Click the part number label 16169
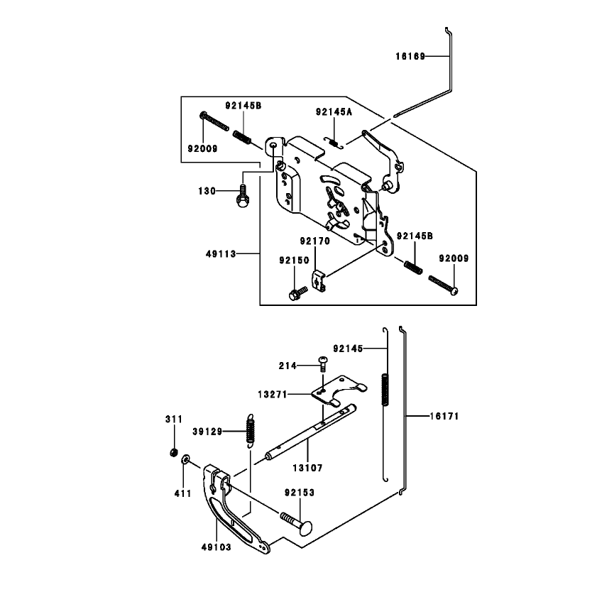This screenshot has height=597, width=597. tap(410, 57)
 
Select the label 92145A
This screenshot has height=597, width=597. tap(334, 112)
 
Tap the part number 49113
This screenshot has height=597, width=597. tap(221, 254)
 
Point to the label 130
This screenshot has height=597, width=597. tap(207, 191)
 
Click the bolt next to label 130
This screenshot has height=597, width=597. tap(242, 196)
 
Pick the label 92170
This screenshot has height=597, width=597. tap(315, 241)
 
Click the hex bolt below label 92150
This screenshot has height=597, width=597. tap(298, 294)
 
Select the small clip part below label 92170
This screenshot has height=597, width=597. tap(319, 280)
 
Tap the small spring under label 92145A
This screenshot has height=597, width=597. tap(334, 143)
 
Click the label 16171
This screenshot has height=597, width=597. tap(444, 416)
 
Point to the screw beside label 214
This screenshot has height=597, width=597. tap(323, 364)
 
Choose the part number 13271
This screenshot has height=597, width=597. tap(273, 395)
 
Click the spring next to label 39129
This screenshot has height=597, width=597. tap(250, 430)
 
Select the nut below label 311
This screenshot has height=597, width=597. tap(174, 452)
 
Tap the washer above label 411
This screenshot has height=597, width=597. tap(186, 459)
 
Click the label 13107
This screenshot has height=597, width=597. tap(307, 468)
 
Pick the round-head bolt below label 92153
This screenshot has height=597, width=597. tap(297, 523)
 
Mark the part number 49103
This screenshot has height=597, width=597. tap(217, 547)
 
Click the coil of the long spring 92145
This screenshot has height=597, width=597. tap(385, 389)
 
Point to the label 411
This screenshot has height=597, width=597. tap(182, 493)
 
